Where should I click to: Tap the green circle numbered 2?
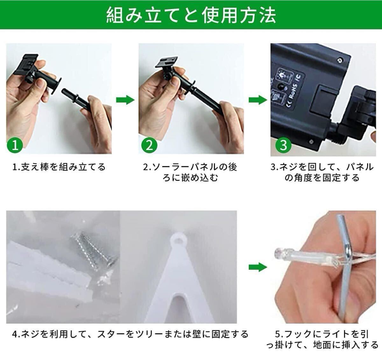click(x=149, y=145)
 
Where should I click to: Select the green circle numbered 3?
click(x=283, y=145)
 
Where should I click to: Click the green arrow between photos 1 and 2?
click(x=125, y=100)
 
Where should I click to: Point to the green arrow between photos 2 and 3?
click(x=258, y=100)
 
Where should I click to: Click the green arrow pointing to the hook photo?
click(x=258, y=267)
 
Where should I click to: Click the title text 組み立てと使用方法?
click(x=191, y=15)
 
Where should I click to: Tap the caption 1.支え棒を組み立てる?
click(x=59, y=167)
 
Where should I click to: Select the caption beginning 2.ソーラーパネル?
click(x=190, y=172)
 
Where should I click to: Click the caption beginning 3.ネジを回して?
click(x=322, y=172)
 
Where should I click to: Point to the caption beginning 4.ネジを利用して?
click(x=130, y=334)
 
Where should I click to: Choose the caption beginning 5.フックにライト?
click(x=322, y=339)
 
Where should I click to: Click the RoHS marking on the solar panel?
click(x=292, y=93)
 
